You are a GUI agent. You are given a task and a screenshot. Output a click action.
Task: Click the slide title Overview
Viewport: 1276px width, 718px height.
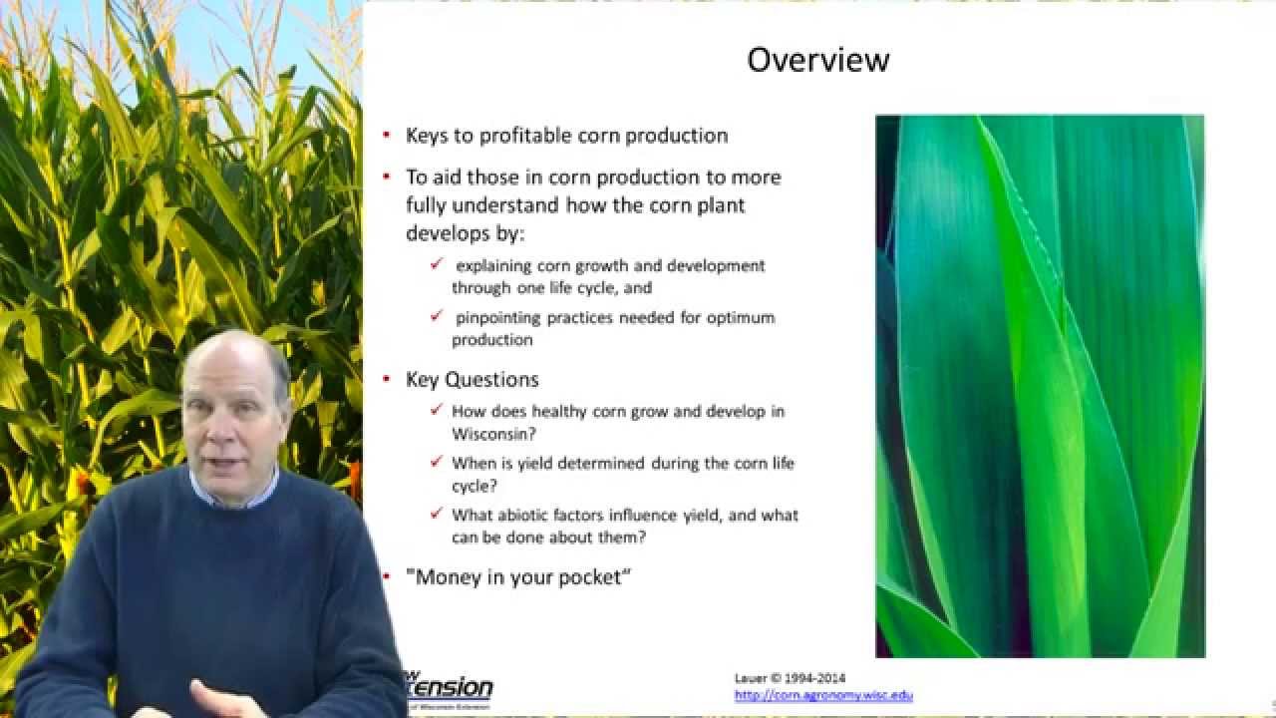pos(817,60)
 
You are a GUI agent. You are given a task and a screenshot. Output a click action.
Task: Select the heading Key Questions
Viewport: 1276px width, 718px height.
pos(472,379)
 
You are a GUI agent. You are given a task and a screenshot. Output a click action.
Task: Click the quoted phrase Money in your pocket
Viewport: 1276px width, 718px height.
pos(518,576)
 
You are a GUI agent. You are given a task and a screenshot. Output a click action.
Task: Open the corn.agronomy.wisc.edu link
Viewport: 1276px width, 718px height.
pos(823,695)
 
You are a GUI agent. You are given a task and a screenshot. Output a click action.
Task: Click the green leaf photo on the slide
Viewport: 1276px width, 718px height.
pos(1040,386)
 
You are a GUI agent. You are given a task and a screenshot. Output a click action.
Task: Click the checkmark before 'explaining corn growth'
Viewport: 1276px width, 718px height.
pos(437,265)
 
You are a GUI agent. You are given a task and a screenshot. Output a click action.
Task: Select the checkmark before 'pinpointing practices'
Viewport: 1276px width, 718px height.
pos(437,317)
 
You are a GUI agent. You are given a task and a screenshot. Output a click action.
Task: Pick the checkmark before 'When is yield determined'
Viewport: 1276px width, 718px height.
pos(437,463)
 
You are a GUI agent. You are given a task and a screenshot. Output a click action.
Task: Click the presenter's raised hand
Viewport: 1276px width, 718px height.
pos(219,695)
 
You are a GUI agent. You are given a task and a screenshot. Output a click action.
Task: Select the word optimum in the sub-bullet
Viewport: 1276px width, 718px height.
pos(741,318)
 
